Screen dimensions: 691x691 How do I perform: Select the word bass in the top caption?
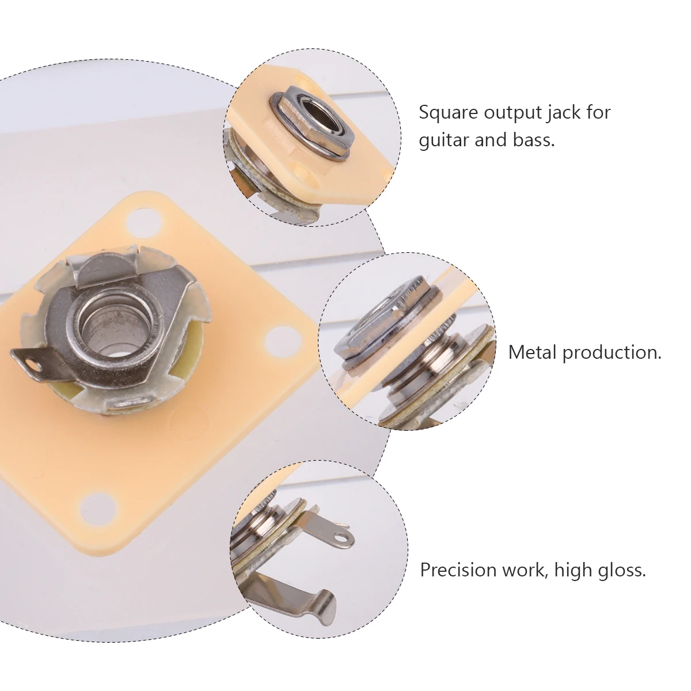pos(532,141)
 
